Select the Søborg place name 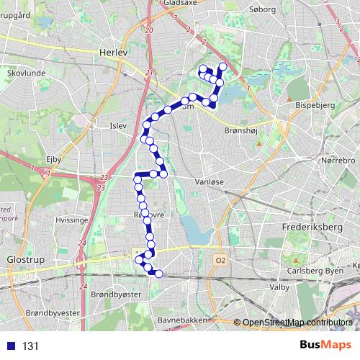tap(262, 10)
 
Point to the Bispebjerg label tap(312, 104)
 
